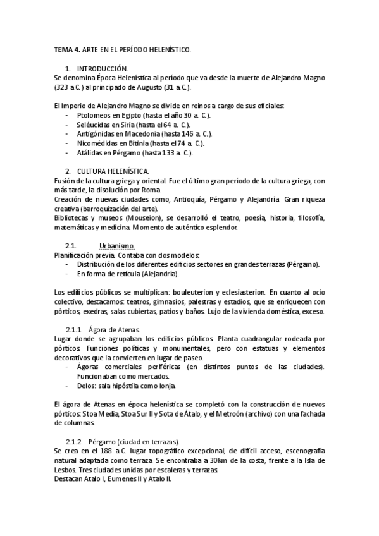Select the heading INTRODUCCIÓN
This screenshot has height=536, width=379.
[x=102, y=68]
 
